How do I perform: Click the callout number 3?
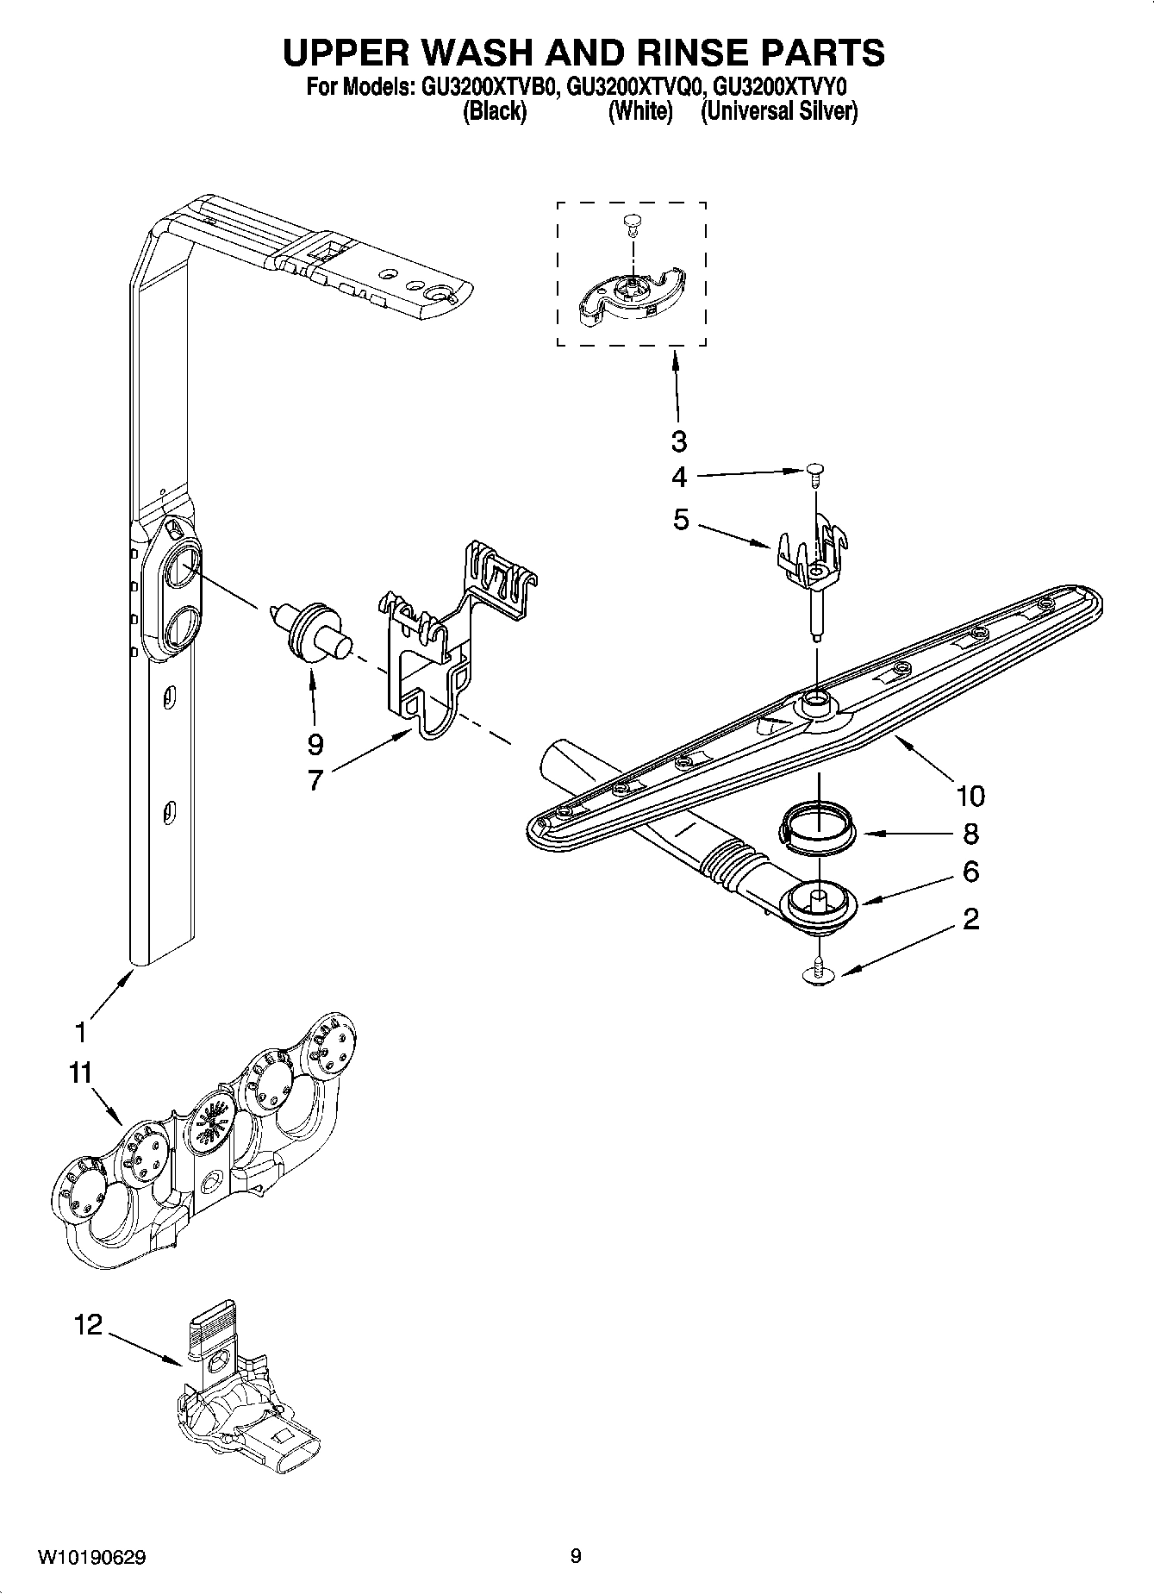point(679,441)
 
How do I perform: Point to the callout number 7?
point(315,780)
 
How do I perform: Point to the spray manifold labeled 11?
point(203,1147)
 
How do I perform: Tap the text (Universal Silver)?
point(779,112)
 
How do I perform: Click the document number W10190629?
point(91,1557)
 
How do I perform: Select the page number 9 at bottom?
point(576,1556)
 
